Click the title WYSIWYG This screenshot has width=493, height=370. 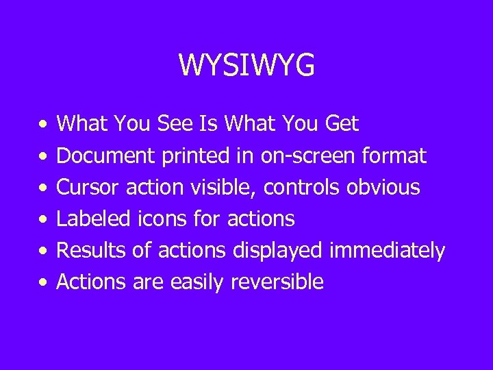point(246,65)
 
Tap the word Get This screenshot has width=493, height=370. point(340,124)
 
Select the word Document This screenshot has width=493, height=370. point(107,156)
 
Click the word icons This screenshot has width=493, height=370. point(164,219)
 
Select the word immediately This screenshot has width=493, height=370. point(387,250)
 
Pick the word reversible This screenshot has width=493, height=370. point(277,282)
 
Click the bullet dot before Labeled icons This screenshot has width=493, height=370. point(42,219)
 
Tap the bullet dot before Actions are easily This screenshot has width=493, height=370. point(42,282)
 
